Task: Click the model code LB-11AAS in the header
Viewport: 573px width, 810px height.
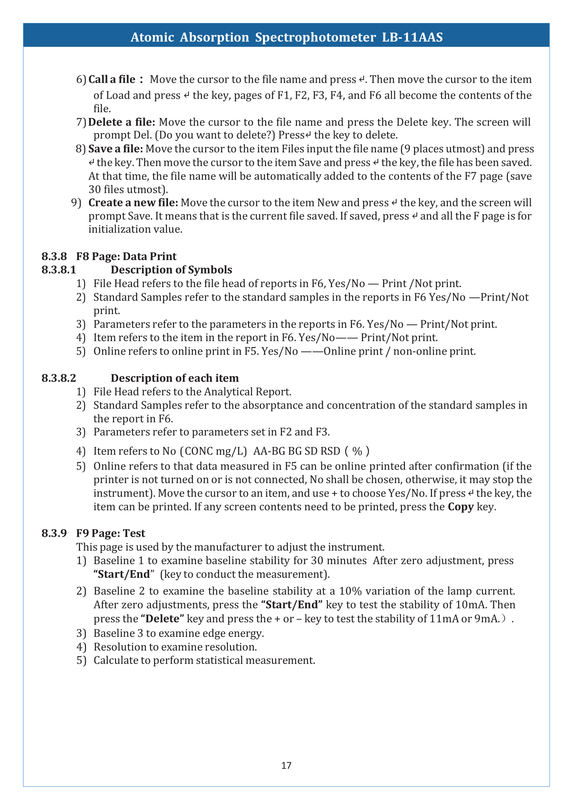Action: (x=412, y=37)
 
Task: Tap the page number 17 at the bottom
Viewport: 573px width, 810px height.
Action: (x=286, y=765)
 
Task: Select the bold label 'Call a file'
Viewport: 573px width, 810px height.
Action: (x=112, y=79)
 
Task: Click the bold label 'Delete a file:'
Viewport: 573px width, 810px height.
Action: (x=122, y=122)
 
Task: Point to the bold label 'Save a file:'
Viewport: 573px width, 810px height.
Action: (x=116, y=149)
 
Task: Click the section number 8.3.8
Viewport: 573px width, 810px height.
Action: (x=54, y=257)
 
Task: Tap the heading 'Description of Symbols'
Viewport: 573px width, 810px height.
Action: (x=171, y=270)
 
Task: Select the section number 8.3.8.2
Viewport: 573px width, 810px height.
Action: (x=59, y=378)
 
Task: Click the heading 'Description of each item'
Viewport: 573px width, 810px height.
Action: (x=175, y=378)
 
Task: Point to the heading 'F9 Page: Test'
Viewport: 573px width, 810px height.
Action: (x=111, y=533)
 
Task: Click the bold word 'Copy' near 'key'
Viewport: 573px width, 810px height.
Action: (x=460, y=507)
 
